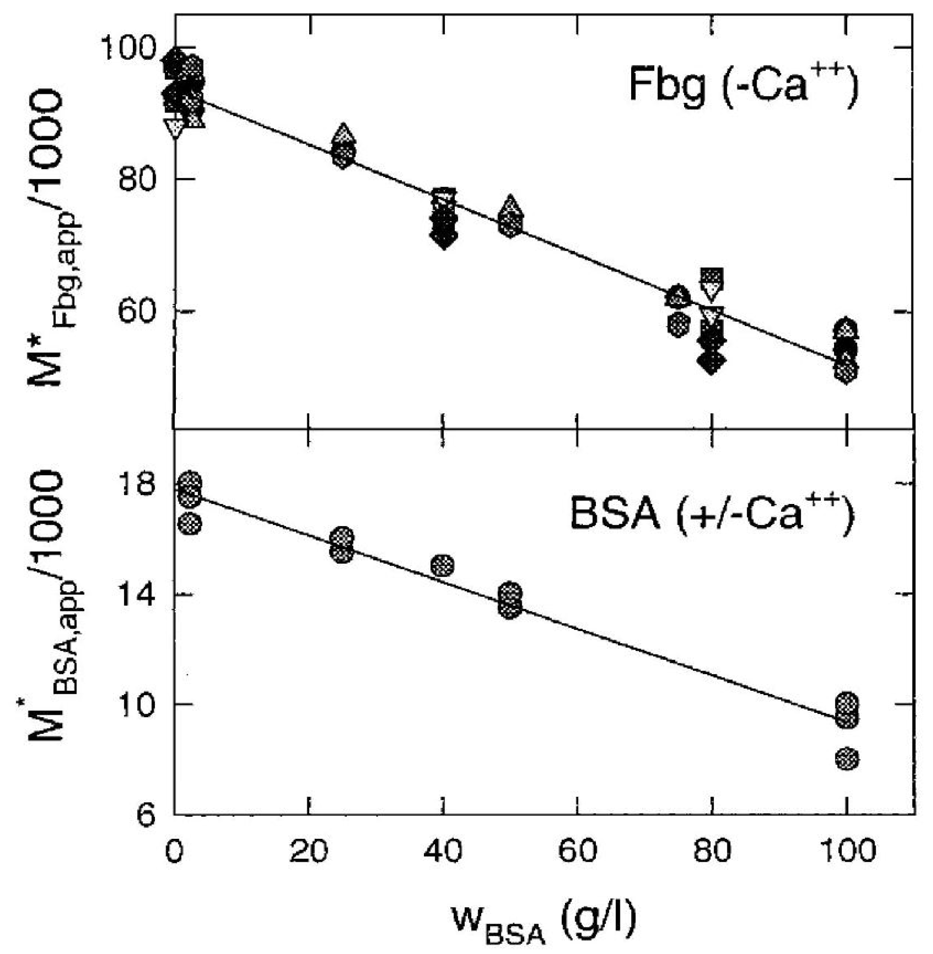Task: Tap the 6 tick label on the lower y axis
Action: pyautogui.click(x=147, y=815)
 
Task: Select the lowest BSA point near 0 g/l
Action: pyautogui.click(x=189, y=524)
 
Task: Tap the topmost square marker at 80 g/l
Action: pyautogui.click(x=712, y=276)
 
